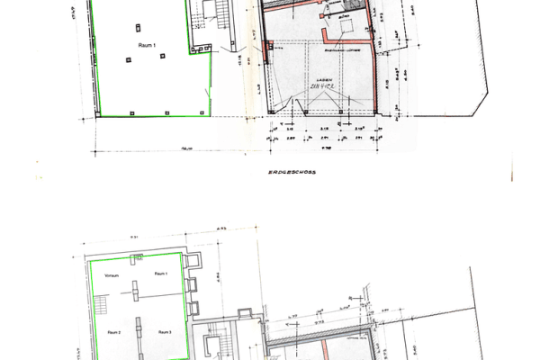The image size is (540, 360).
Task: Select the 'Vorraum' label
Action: [x=112, y=275]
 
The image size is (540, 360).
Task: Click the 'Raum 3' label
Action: [x=165, y=332]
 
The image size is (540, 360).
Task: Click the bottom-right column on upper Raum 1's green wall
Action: [x=202, y=112]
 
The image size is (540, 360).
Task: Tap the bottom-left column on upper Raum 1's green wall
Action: [x=104, y=112]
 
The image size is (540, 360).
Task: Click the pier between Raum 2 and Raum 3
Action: [x=137, y=327]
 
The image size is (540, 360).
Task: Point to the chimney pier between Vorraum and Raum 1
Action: [x=137, y=292]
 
